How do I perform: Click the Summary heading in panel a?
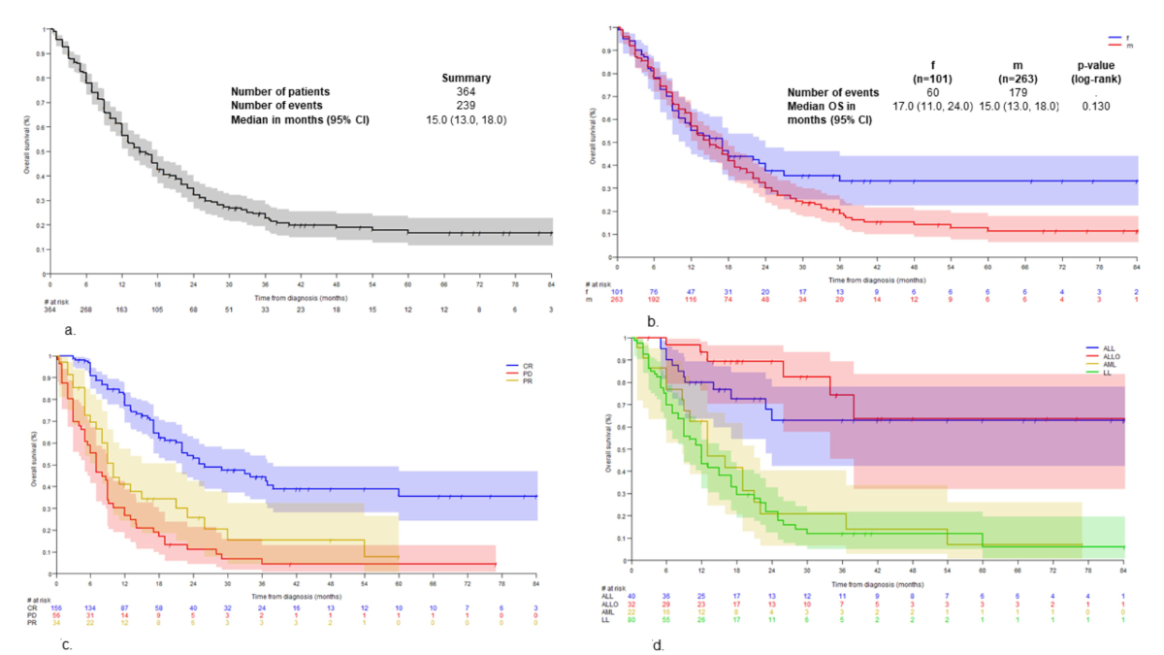(x=466, y=78)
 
